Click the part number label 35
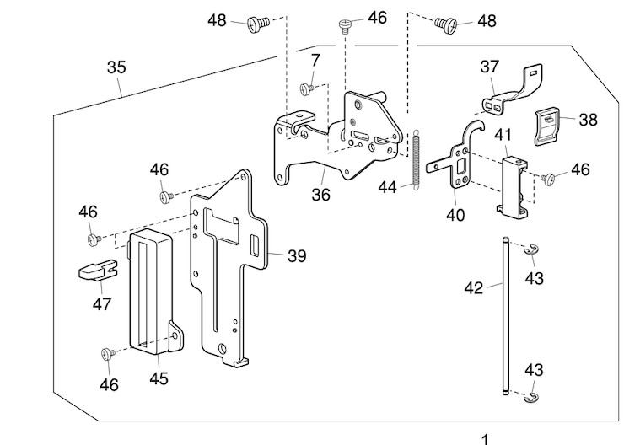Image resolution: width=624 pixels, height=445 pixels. coord(117,67)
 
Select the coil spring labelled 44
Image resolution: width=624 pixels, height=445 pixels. coord(416,158)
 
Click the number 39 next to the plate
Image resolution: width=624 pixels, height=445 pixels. coord(296,256)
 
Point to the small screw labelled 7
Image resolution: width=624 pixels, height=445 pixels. coord(308,87)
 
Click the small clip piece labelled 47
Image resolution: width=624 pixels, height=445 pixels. coord(94,271)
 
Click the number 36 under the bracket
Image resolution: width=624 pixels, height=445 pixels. coord(320,193)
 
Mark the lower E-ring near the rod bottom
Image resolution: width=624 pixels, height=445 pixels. coord(531,397)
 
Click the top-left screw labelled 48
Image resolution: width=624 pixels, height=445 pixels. coord(258,24)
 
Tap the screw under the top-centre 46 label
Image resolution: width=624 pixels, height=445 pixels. coord(345,25)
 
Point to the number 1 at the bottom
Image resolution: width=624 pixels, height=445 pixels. coord(484,439)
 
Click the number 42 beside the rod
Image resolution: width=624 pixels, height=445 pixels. coord(474,288)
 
